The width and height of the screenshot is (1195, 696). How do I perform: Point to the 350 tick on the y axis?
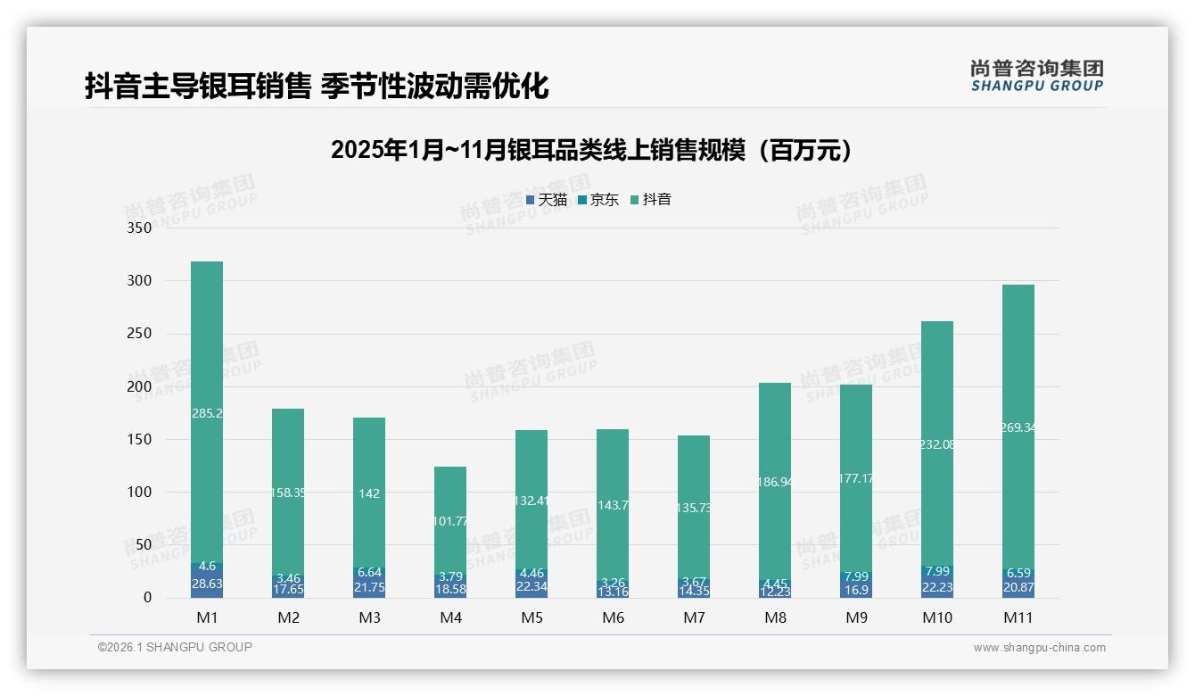[140, 228]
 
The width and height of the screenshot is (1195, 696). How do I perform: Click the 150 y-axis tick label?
[140, 439]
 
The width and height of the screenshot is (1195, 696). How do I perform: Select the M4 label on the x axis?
[450, 617]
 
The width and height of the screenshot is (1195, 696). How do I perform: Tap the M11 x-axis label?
[1018, 617]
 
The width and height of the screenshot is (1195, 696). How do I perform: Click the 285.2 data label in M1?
[207, 413]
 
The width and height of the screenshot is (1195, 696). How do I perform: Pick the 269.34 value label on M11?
[1018, 427]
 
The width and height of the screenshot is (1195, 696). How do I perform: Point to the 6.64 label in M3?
[369, 572]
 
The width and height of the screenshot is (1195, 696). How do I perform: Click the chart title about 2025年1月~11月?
[591, 150]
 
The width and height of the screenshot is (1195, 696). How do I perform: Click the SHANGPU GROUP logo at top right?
[1036, 76]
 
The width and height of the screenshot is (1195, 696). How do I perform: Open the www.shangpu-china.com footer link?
[1039, 648]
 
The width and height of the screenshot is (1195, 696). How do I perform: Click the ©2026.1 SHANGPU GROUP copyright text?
[175, 647]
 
